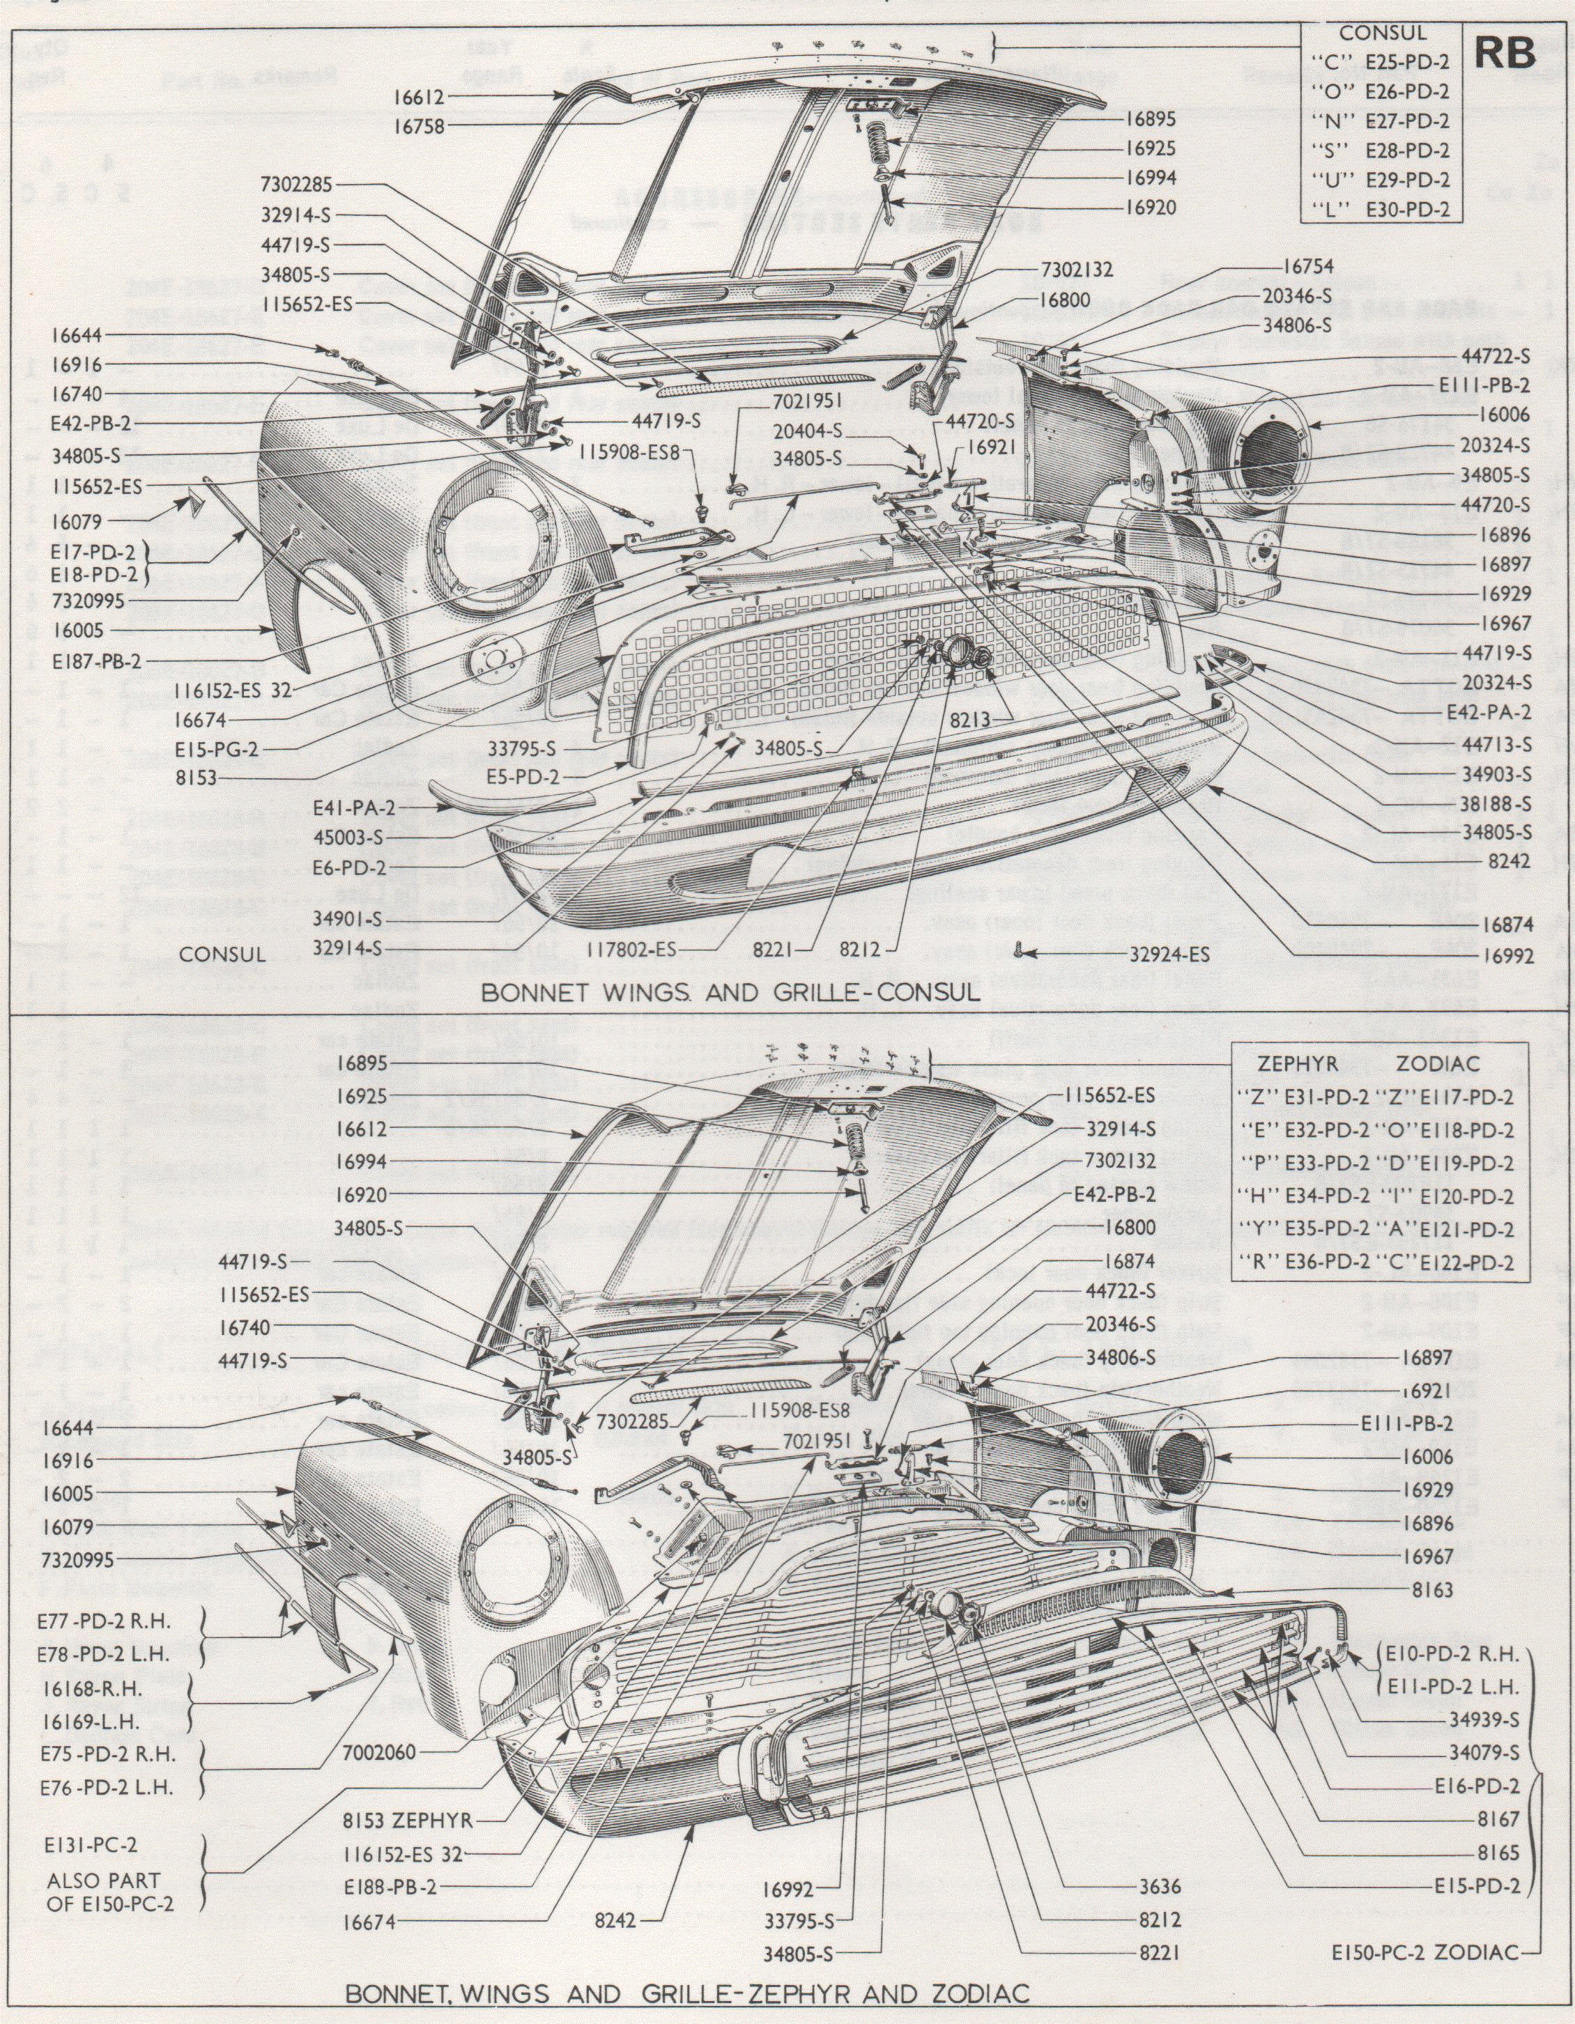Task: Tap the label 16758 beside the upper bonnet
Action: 419,126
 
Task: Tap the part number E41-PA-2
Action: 355,808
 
